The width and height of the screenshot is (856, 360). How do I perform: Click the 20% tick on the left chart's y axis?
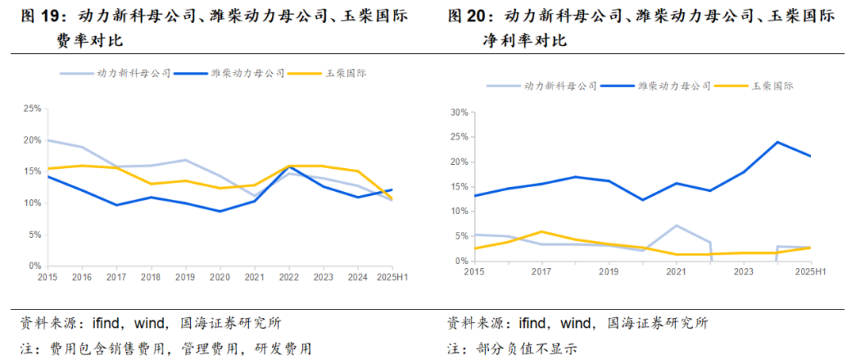[31, 140]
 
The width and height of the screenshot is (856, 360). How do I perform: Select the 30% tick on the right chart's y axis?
[460, 113]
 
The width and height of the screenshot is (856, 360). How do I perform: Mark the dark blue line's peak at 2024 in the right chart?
[777, 143]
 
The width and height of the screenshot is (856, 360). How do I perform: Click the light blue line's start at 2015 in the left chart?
[47, 140]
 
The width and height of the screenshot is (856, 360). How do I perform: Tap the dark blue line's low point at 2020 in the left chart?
[220, 211]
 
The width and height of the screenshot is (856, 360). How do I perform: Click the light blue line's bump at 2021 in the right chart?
[675, 225]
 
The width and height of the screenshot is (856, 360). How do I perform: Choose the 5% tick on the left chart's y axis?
[33, 235]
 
